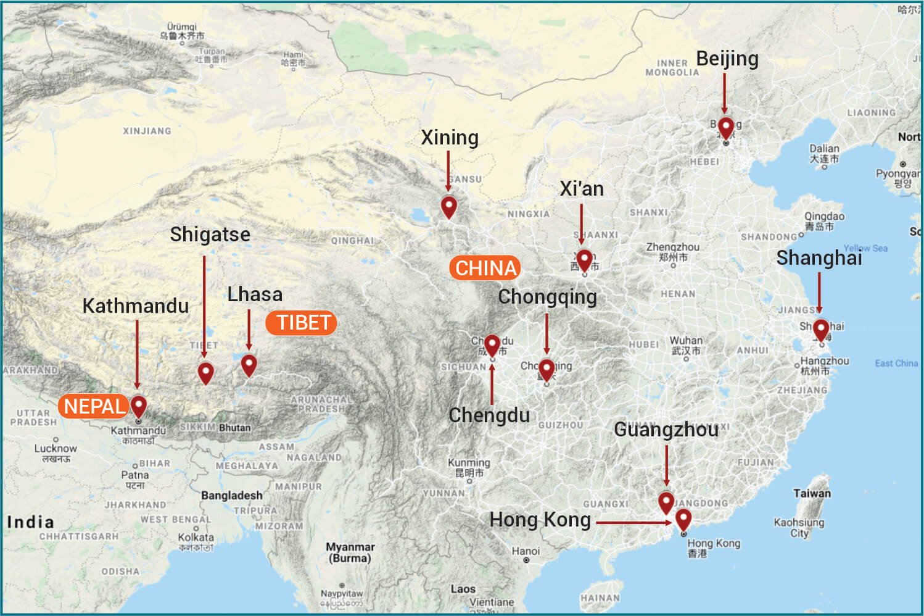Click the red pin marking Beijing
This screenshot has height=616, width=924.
[x=726, y=127]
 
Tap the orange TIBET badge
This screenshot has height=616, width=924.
[x=302, y=322]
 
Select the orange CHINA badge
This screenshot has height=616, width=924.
[x=486, y=268]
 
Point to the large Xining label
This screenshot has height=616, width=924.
[x=449, y=137]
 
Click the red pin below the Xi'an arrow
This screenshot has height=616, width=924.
[x=584, y=259]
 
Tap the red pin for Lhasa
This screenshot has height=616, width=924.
[x=249, y=364]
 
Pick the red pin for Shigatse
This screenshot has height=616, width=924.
[x=205, y=372]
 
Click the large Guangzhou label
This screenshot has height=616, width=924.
[x=666, y=429]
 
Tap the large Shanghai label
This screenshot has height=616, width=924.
[x=819, y=257]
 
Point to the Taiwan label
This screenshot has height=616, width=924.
[x=812, y=493]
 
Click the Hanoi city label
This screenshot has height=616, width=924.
[x=526, y=551]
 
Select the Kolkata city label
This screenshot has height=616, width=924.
[x=196, y=537]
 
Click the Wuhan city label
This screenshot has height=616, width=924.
[x=686, y=341]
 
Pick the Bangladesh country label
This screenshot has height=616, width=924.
[x=231, y=495]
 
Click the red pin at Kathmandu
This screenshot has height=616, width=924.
[x=139, y=406]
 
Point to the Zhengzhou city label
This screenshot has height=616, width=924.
[x=672, y=248]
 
